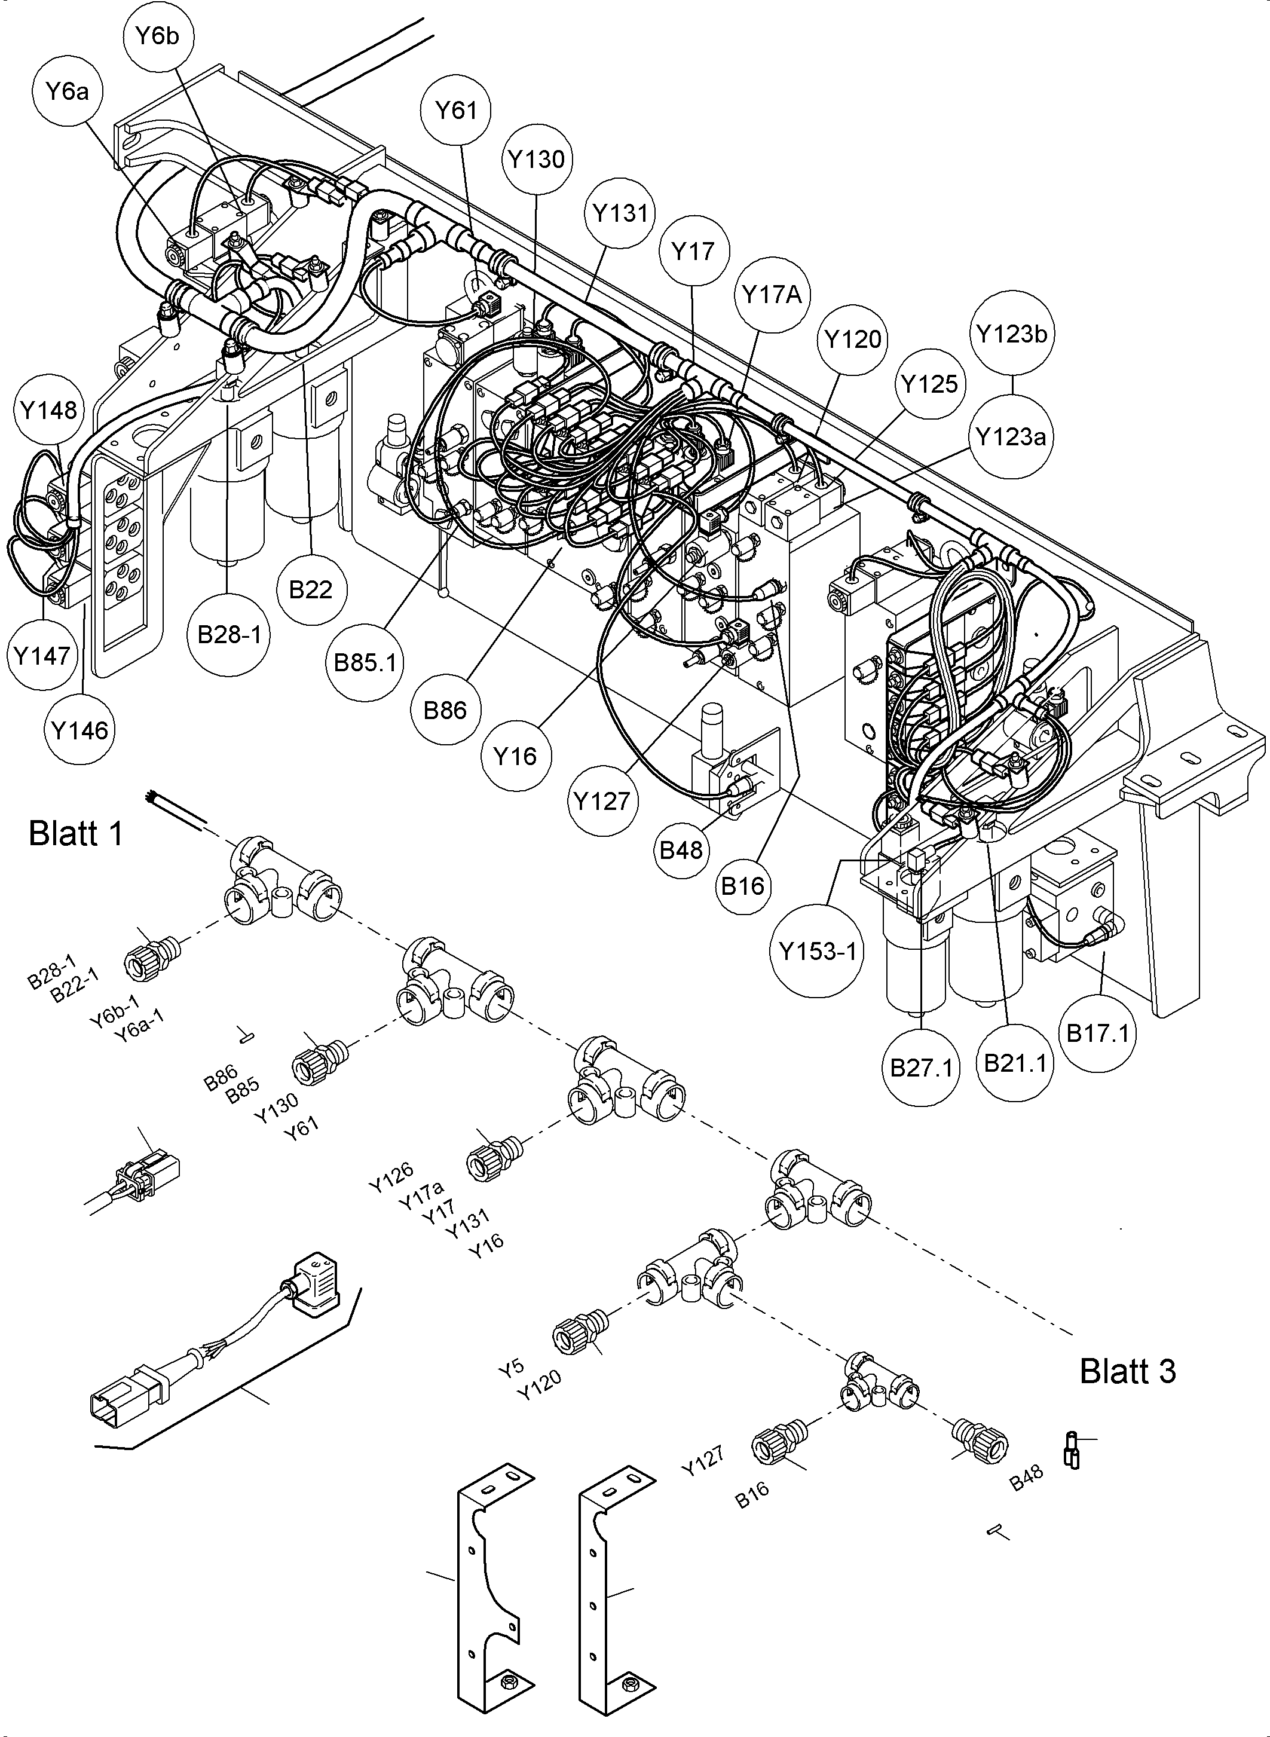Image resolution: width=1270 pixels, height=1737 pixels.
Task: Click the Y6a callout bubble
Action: coord(67,92)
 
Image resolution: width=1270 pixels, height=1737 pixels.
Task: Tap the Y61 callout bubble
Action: coord(457,111)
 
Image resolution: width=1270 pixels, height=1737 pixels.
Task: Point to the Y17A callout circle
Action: coord(772,295)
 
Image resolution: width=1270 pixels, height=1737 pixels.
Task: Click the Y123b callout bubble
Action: coord(1012,334)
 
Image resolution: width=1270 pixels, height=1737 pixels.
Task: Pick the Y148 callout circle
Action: coord(48,411)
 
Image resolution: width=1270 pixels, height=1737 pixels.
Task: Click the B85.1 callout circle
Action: coord(365,662)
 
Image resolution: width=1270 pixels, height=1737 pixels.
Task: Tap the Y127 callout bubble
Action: coord(602,801)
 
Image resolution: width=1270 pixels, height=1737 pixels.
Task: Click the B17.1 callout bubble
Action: coord(1098,1033)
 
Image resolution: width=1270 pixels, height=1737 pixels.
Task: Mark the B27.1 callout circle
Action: coord(921,1068)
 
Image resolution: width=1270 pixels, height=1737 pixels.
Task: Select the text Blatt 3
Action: coord(1127,1372)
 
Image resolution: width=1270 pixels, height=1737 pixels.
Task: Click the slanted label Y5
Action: coord(511,1366)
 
